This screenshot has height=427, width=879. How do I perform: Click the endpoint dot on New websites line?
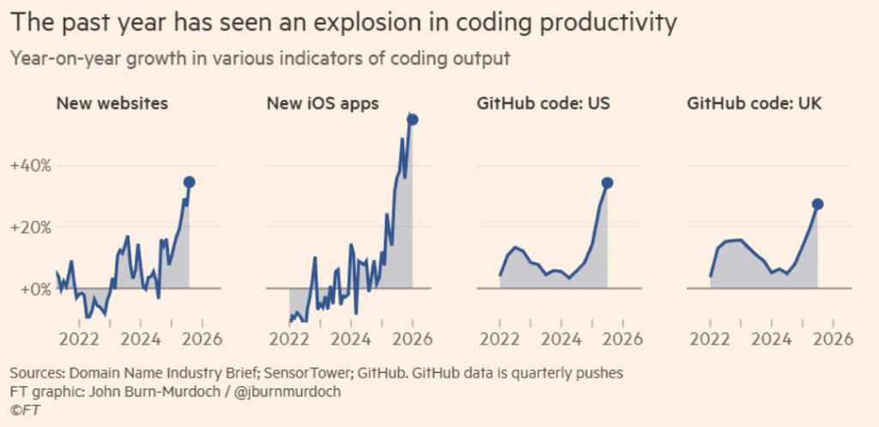point(189,181)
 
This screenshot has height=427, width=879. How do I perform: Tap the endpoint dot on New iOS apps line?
point(412,119)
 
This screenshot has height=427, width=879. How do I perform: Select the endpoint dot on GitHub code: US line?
point(607,182)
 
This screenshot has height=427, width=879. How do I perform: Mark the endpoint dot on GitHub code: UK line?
point(817,204)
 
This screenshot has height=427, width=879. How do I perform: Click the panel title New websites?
point(112,103)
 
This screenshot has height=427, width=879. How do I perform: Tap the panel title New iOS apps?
point(323,103)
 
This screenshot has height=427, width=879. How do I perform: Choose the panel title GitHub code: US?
point(536,103)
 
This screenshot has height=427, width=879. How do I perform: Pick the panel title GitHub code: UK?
point(747,103)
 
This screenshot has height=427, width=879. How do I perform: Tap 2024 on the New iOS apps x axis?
point(351,338)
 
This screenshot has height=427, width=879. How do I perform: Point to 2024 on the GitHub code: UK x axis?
point(772,338)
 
